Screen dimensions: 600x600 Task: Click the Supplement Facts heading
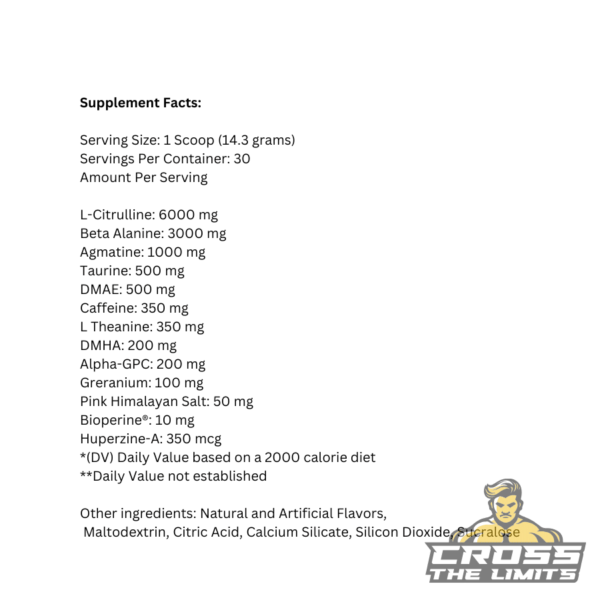[x=140, y=103]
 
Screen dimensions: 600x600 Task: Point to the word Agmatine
[x=111, y=253]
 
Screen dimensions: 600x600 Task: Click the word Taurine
[x=105, y=271]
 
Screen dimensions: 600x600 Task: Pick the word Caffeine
[x=107, y=309]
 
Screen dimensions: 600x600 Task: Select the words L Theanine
[x=115, y=327]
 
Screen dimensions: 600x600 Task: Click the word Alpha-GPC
[x=114, y=365]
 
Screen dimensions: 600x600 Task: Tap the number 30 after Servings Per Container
[x=242, y=159]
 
